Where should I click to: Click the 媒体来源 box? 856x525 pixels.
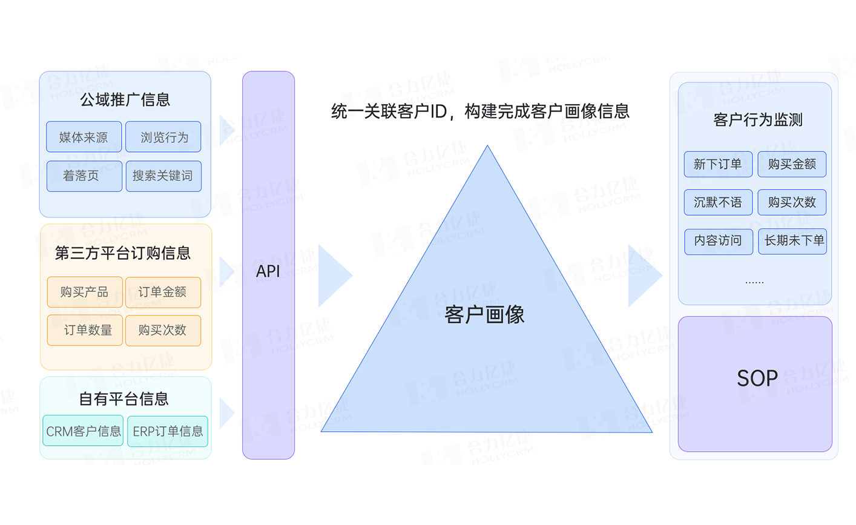84,137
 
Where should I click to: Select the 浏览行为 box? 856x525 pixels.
163,137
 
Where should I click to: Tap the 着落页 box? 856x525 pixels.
84,176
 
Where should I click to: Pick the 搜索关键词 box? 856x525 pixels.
163,176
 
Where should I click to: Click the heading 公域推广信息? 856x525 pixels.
125,99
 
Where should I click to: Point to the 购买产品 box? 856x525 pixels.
85,292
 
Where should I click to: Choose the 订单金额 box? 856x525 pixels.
163,292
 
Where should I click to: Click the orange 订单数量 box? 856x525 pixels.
85,330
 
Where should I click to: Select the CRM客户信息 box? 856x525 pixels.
83,431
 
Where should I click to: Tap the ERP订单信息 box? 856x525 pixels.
168,431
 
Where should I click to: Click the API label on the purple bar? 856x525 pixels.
268,271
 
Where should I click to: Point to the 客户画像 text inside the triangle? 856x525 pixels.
484,314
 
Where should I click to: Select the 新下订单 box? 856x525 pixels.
718,164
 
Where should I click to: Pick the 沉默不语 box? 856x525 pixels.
718,202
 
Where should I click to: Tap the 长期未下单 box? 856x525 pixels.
792,241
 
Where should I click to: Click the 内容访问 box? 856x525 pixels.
718,241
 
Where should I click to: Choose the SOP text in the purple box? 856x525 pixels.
757,378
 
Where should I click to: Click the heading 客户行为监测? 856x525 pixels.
758,120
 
